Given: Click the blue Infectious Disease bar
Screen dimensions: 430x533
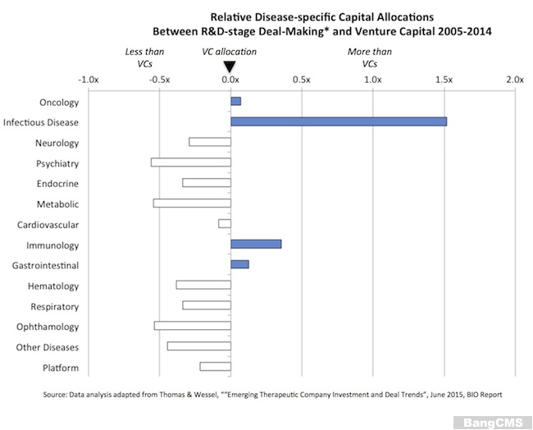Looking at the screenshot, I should point(339,121).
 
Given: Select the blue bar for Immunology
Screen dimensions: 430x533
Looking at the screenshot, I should point(256,244).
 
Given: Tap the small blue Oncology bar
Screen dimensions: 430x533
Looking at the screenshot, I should point(236,101).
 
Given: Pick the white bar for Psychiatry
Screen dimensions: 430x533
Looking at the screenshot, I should point(191,162).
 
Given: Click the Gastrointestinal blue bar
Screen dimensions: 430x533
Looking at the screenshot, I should point(239,264).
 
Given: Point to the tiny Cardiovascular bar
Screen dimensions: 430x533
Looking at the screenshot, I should point(225,223).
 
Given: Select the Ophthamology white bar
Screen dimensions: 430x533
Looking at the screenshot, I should point(193,326).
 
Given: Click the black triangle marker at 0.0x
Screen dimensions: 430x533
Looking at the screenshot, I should point(230,66).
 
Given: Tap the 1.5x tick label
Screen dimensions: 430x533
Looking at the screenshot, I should point(444,80).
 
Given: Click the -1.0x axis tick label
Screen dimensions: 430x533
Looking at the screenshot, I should point(87,80).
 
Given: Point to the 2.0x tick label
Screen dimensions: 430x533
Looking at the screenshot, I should point(515,80).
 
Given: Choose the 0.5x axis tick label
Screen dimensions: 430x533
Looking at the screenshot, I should point(301,80).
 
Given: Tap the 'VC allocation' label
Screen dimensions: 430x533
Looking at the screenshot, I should point(230,52).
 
